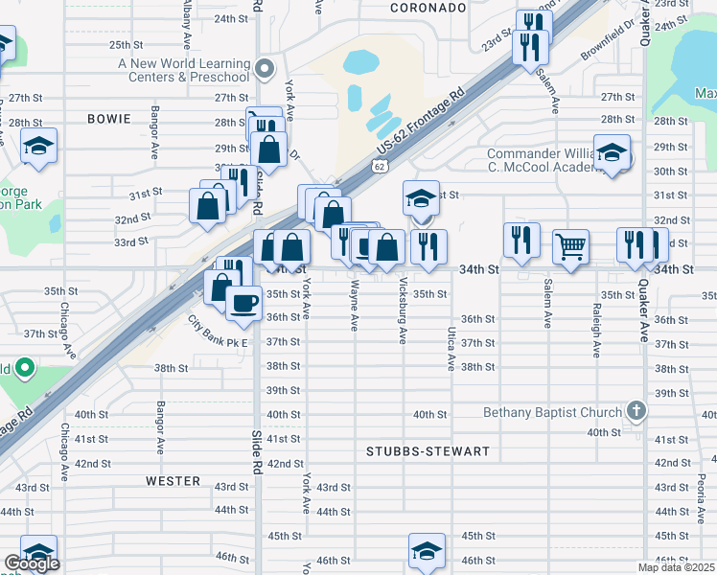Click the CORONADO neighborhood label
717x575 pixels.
pos(428,8)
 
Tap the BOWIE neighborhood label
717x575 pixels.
pos(108,119)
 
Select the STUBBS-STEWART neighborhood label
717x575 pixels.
pos(428,450)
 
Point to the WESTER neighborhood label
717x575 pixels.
pos(173,481)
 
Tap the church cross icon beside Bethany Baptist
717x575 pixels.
pos(635,412)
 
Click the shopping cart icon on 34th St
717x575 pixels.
pos(570,247)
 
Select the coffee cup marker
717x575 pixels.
pos(243,304)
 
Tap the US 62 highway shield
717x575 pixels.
pos(381,167)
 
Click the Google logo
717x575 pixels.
pos(31,563)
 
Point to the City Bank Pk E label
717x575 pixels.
pos(218,333)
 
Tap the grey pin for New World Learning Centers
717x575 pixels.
pos(266,68)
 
